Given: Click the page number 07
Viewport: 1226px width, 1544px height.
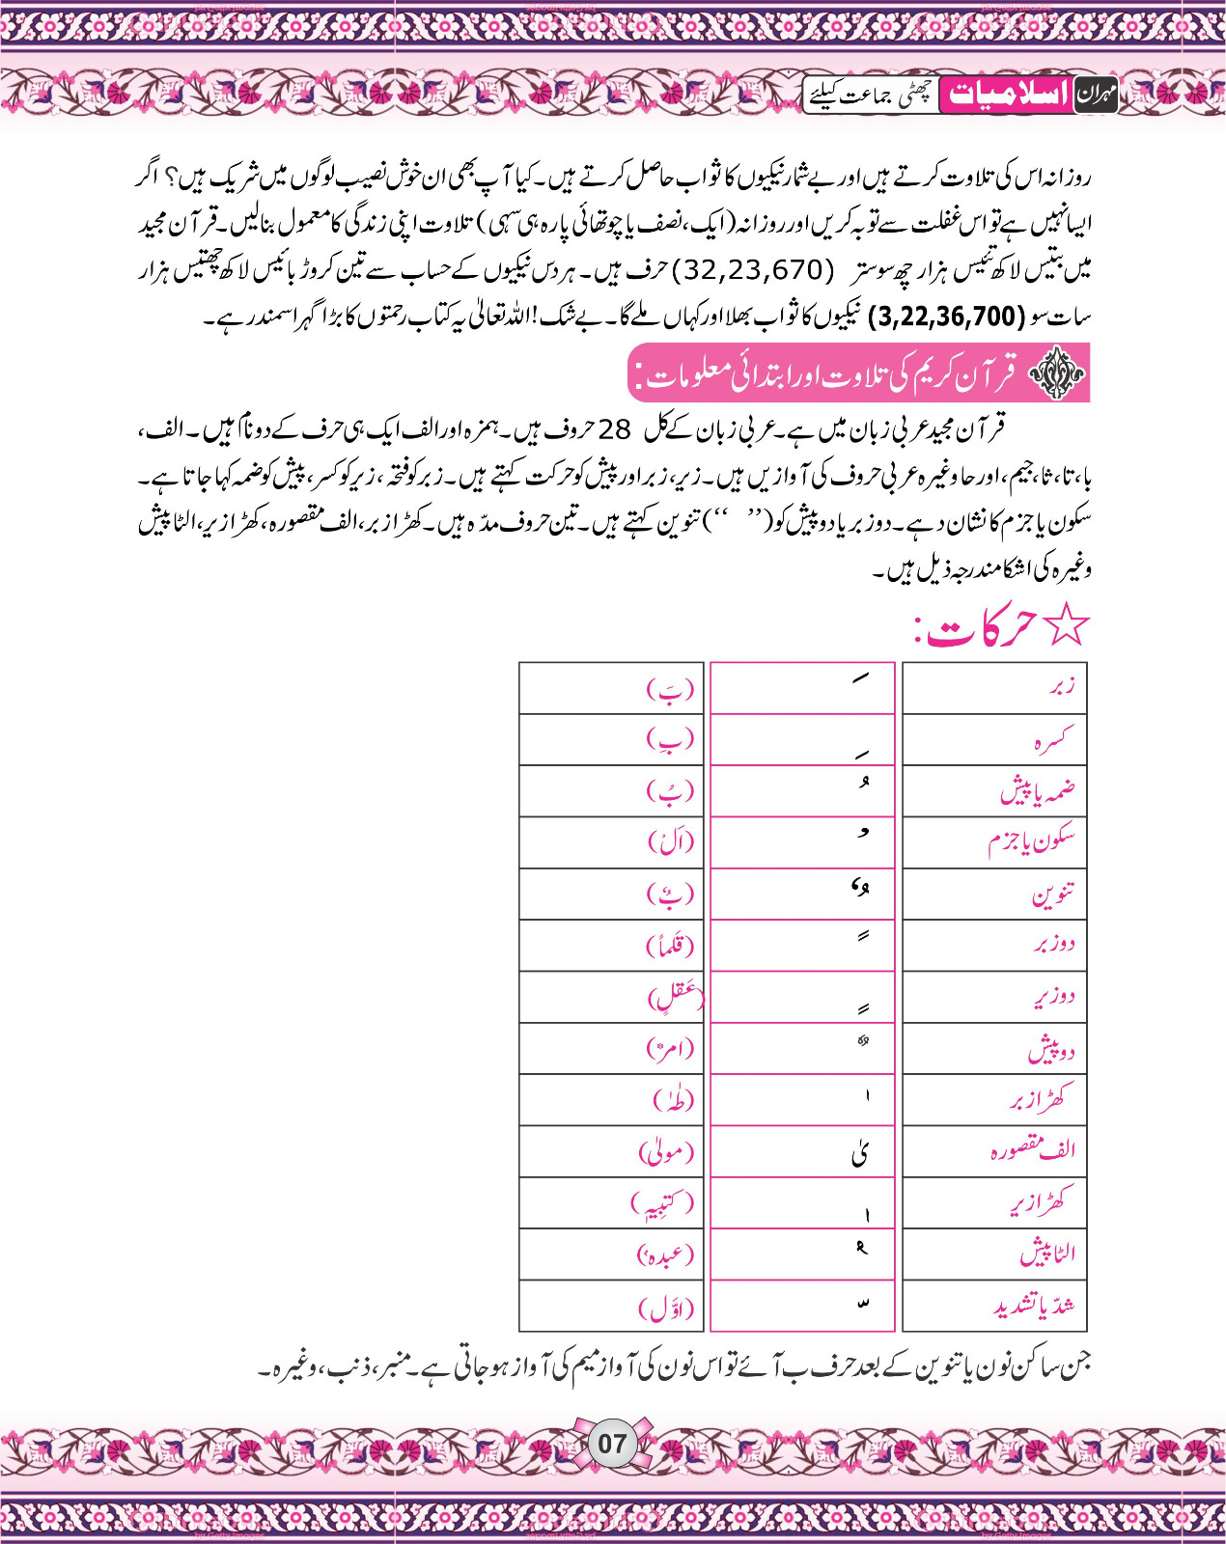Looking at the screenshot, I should tap(612, 1444).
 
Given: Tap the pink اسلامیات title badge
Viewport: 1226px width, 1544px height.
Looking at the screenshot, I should tap(1006, 95).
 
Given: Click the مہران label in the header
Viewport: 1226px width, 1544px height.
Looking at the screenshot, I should tap(1096, 96).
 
